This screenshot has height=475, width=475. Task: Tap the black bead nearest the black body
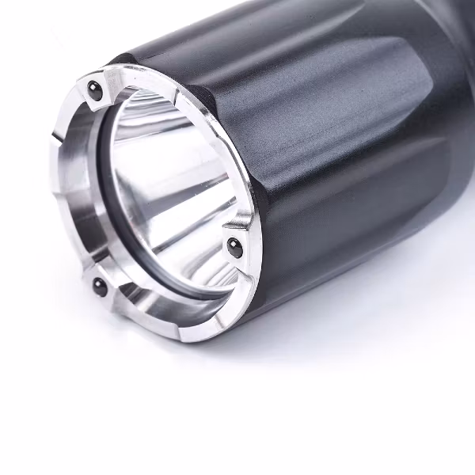[234, 245]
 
